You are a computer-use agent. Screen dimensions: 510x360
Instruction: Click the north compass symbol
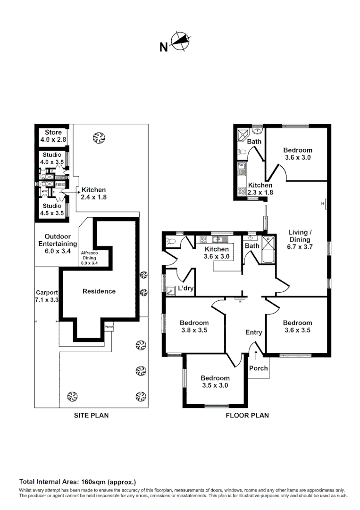click(179, 42)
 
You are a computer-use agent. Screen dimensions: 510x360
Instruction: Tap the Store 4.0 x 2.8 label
click(53, 136)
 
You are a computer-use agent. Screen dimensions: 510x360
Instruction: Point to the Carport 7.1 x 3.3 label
click(46, 296)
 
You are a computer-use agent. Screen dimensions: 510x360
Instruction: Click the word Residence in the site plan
click(99, 291)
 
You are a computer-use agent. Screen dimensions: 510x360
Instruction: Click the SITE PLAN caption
click(91, 416)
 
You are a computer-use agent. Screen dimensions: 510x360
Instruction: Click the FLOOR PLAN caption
click(247, 416)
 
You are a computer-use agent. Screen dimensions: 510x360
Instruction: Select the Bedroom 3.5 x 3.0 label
click(215, 382)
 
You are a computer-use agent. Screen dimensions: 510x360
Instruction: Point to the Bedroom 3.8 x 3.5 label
click(194, 327)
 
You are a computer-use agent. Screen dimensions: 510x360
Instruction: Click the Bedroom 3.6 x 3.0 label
click(298, 154)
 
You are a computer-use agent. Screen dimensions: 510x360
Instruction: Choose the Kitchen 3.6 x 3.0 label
click(216, 253)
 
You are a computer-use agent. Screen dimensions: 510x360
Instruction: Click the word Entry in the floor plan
click(253, 332)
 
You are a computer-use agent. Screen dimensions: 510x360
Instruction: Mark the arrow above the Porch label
click(256, 354)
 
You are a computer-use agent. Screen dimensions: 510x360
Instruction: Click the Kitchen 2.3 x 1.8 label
click(260, 189)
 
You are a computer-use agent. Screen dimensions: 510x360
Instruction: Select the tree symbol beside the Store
click(98, 138)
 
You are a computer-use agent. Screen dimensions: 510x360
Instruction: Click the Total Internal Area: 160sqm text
click(77, 482)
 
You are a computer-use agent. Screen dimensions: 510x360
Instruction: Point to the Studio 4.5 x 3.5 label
click(52, 209)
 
